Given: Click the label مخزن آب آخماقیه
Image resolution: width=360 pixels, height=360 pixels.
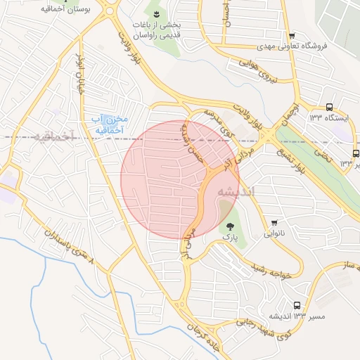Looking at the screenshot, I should click(107, 124).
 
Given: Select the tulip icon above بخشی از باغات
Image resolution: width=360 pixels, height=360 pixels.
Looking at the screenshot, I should click(156, 13).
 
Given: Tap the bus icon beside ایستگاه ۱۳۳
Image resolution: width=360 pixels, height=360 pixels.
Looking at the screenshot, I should click(330, 107).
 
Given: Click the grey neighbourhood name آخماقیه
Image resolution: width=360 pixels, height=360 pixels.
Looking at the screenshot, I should click(53, 136).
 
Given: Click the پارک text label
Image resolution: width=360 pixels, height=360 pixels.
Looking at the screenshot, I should click(230, 238).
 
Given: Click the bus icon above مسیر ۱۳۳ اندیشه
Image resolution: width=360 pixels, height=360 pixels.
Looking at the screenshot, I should click(297, 306).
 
